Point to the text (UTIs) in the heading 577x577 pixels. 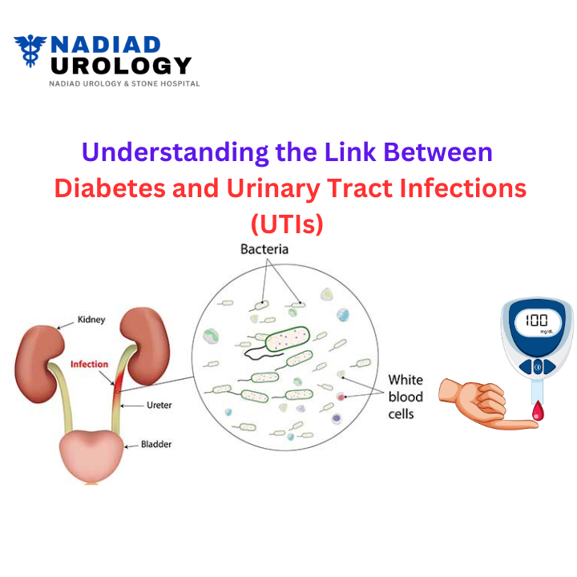pyautogui.click(x=288, y=224)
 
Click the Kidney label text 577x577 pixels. pyautogui.click(x=91, y=320)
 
